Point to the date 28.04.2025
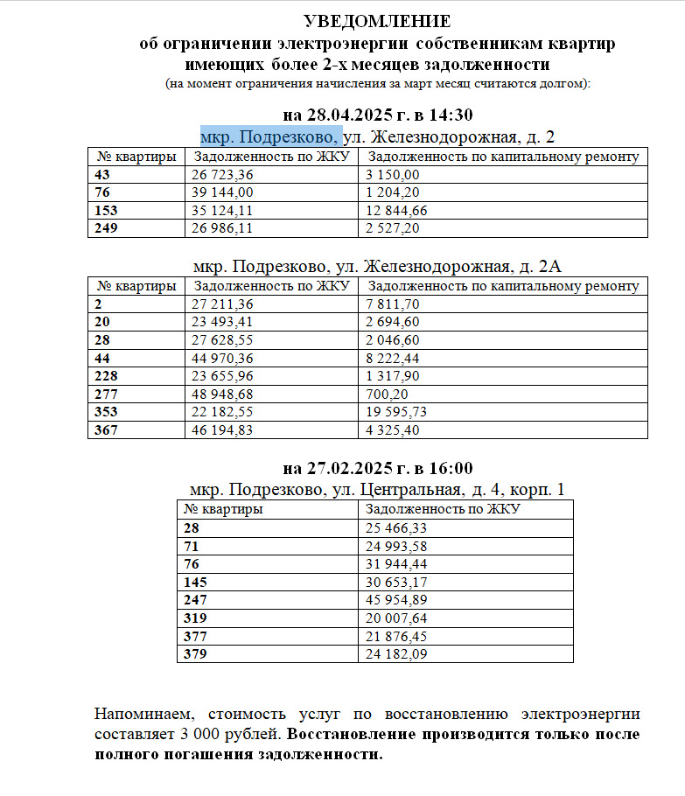347,115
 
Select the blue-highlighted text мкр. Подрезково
269,136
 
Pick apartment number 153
106,211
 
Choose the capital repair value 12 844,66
397,211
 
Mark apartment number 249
106,228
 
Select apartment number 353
106,411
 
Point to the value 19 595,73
397,411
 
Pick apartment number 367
106,429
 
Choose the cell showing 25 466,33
395,527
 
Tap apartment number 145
196,582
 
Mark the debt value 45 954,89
395,599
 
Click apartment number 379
196,653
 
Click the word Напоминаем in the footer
140,714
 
